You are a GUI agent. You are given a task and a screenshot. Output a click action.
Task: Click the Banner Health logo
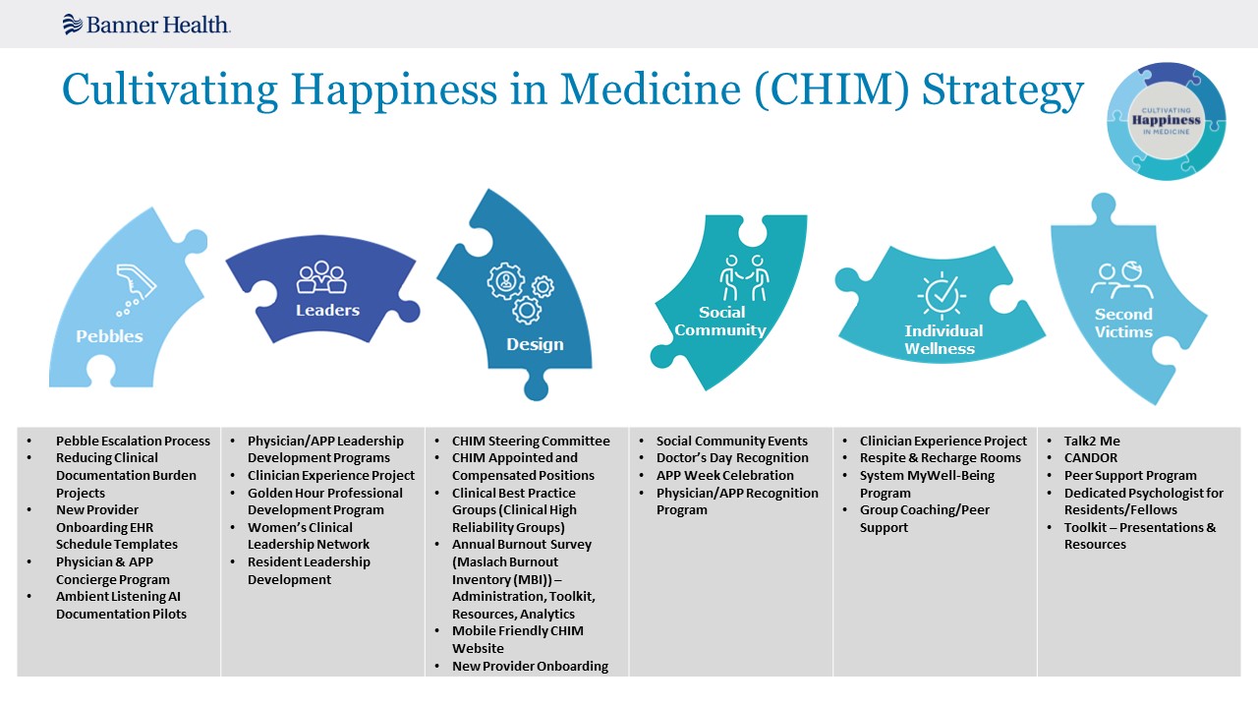146,25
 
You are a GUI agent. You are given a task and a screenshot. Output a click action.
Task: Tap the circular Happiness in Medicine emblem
1166,121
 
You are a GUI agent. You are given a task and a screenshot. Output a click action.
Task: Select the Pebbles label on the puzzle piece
109,336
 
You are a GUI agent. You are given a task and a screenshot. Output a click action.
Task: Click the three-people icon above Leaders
321,276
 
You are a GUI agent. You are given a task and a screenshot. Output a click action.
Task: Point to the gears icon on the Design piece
521,293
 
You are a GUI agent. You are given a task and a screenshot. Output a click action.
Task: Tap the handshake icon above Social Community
744,277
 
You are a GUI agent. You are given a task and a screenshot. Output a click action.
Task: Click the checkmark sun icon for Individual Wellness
942,295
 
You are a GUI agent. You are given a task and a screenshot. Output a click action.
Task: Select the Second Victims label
1123,324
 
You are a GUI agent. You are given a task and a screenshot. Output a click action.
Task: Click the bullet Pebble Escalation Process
133,442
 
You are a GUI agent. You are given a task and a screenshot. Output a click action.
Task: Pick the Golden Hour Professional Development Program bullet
325,501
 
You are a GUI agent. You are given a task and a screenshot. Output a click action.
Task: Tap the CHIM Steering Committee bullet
531,442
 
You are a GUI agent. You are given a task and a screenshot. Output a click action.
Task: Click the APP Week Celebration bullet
725,475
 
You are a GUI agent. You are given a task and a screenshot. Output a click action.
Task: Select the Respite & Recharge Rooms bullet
941,458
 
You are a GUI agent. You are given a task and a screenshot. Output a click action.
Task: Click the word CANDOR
1091,458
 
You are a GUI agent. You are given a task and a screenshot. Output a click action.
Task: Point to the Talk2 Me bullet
1092,442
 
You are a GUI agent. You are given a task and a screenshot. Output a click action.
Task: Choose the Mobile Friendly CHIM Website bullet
518,639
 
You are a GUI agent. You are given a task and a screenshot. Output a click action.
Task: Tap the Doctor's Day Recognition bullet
732,458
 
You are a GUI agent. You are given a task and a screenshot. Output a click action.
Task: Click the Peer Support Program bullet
1130,475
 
